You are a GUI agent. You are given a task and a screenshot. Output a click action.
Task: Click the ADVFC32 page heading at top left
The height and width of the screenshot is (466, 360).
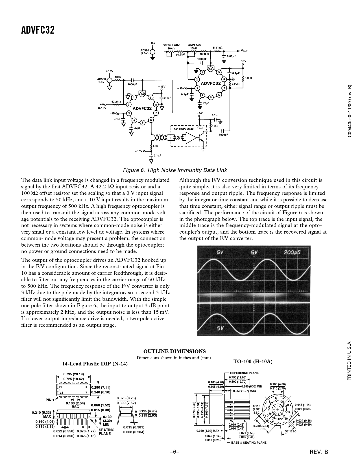pyautogui.click(x=38, y=30)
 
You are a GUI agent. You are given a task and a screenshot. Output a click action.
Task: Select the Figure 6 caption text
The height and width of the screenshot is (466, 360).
pyautogui.click(x=175, y=170)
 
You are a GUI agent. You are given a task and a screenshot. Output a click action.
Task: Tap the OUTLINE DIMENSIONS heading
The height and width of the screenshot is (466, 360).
pyautogui.click(x=174, y=351)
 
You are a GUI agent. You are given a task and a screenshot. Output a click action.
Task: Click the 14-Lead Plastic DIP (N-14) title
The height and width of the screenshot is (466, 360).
pyautogui.click(x=95, y=364)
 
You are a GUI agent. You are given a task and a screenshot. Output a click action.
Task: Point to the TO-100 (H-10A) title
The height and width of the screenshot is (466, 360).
pyautogui.click(x=253, y=362)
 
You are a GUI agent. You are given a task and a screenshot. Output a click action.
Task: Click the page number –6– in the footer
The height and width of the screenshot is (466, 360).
pyautogui.click(x=174, y=452)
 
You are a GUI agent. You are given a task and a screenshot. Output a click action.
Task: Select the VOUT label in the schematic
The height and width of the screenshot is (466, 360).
pyautogui.click(x=244, y=51)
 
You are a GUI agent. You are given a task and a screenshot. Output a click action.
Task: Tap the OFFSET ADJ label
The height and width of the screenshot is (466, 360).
pyautogui.click(x=171, y=45)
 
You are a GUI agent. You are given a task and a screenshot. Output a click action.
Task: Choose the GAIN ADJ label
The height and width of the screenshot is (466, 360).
pyautogui.click(x=195, y=45)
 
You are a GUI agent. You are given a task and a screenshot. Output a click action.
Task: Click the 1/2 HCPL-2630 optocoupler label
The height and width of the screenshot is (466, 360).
pyautogui.click(x=184, y=129)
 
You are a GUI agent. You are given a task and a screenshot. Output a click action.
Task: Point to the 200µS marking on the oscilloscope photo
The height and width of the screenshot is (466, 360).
pyautogui.click(x=292, y=252)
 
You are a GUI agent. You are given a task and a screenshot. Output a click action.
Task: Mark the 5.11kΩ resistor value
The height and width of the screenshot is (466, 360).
pyautogui.click(x=218, y=48)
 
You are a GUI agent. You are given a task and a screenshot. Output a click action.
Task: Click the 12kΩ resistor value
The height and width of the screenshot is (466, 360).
pyautogui.click(x=248, y=79)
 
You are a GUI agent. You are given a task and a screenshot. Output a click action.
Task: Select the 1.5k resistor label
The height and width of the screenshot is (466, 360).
pyautogui.click(x=155, y=146)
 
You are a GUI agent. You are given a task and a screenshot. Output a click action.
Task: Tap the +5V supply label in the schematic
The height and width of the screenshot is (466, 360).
pyautogui.click(x=200, y=113)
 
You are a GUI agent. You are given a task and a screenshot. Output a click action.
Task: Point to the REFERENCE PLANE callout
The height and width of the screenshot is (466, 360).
pyautogui.click(x=244, y=373)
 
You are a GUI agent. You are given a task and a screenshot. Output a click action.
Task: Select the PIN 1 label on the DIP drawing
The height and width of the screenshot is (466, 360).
pyautogui.click(x=50, y=400)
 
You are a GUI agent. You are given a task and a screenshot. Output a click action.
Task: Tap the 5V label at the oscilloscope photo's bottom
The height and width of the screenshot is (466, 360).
pyautogui.click(x=220, y=328)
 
